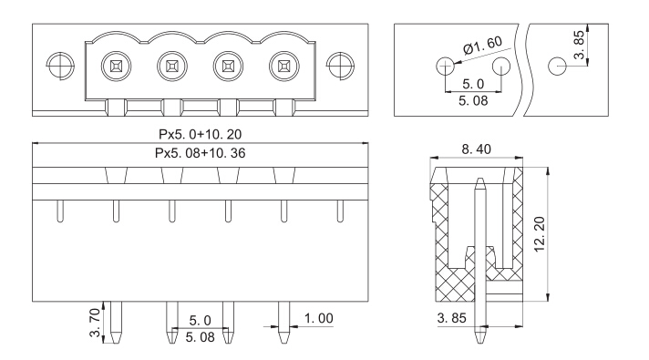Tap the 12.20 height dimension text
[x=540, y=234]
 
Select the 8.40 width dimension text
[x=476, y=149]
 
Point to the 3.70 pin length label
[x=95, y=323]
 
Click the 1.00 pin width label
[x=318, y=318]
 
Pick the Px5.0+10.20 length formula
[x=200, y=134]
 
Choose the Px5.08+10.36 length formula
[x=200, y=153]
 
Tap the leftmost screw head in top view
[x=117, y=67]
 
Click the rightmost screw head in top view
[x=284, y=67]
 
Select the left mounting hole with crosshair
[x=60, y=66]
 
